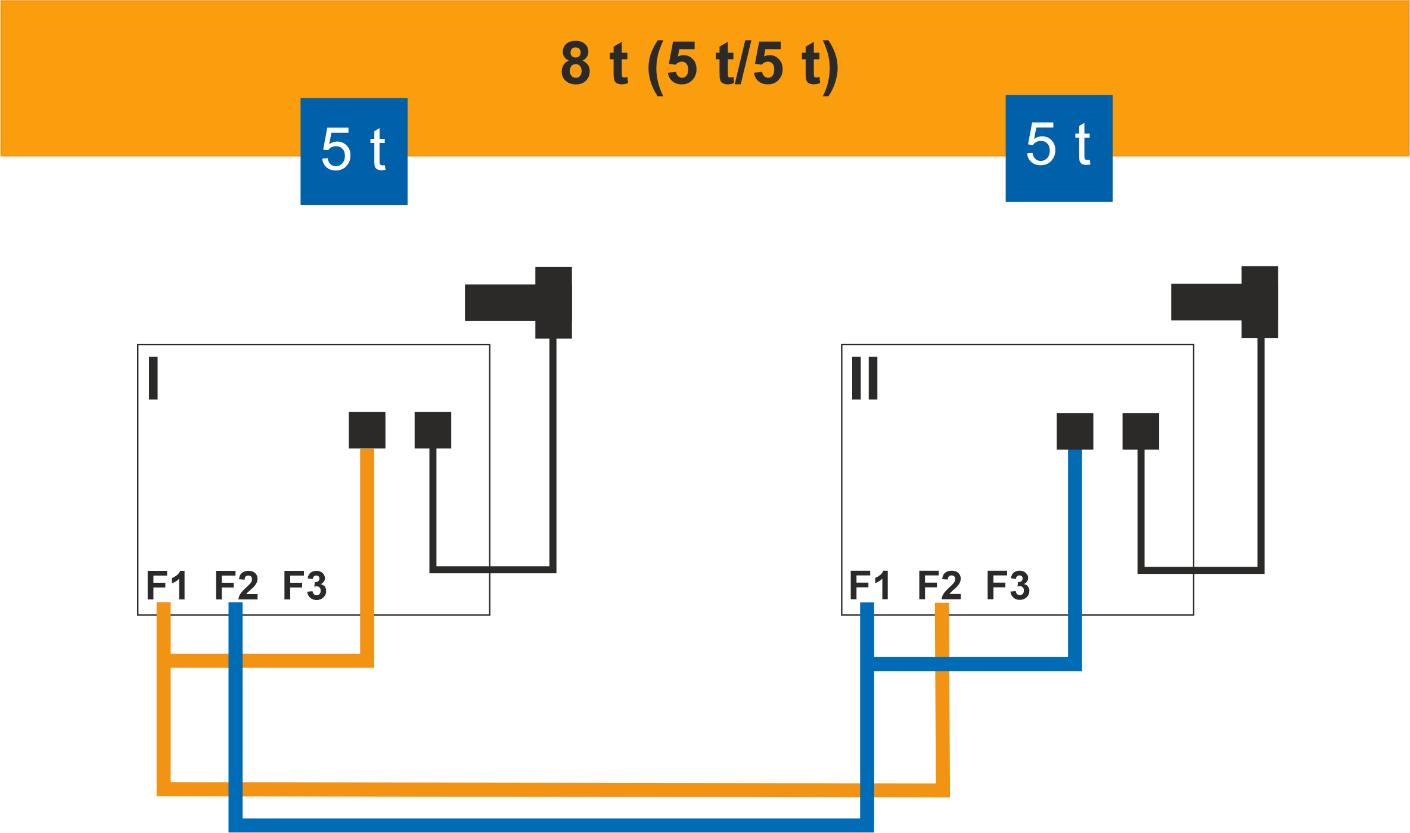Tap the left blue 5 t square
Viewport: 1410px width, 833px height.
pyautogui.click(x=354, y=151)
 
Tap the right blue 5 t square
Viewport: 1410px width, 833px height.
pyautogui.click(x=1059, y=148)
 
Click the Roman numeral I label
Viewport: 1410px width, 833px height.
pyautogui.click(x=153, y=378)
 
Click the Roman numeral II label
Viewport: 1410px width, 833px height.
pyautogui.click(x=865, y=378)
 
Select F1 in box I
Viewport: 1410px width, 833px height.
pyautogui.click(x=167, y=585)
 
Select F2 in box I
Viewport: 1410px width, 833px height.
pyautogui.click(x=236, y=585)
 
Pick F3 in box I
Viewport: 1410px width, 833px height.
pyautogui.click(x=305, y=585)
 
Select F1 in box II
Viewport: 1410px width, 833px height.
pyautogui.click(x=869, y=585)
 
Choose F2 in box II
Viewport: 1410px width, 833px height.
pyautogui.click(x=939, y=585)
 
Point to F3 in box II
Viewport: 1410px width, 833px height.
pyautogui.click(x=1008, y=585)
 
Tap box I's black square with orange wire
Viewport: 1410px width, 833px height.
pyautogui.click(x=367, y=430)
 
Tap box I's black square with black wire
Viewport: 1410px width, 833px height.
pyautogui.click(x=433, y=430)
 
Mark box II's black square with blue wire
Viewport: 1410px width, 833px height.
pyautogui.click(x=1075, y=431)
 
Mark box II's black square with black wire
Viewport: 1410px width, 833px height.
pyautogui.click(x=1141, y=431)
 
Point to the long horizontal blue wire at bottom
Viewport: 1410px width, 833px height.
pyautogui.click(x=551, y=825)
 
